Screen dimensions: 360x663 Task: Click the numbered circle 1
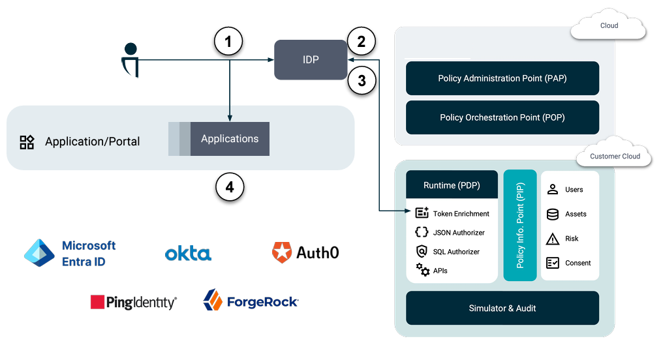(x=228, y=42)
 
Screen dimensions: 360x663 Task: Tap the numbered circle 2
(x=362, y=42)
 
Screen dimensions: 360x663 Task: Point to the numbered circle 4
(x=230, y=187)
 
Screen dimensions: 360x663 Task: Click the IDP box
(x=311, y=59)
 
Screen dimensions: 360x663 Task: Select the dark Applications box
(x=230, y=139)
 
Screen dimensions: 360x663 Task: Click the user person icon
(x=131, y=59)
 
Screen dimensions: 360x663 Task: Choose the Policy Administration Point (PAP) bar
(x=502, y=78)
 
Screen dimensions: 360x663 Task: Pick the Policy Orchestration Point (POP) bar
(x=502, y=117)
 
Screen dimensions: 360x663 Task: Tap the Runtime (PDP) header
(x=452, y=185)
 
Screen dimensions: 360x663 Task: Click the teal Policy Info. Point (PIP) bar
(x=520, y=226)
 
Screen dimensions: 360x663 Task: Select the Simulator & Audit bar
(x=502, y=308)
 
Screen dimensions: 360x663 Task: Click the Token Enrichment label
(x=461, y=213)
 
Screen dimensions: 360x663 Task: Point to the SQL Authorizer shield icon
(x=422, y=251)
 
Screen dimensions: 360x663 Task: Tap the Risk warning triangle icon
(x=553, y=239)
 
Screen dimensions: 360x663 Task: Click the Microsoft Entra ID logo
(x=70, y=253)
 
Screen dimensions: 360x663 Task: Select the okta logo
(x=188, y=253)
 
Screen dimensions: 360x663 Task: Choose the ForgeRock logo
(x=251, y=301)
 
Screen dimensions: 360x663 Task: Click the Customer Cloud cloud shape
(x=614, y=155)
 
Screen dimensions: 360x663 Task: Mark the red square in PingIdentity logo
(x=98, y=302)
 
